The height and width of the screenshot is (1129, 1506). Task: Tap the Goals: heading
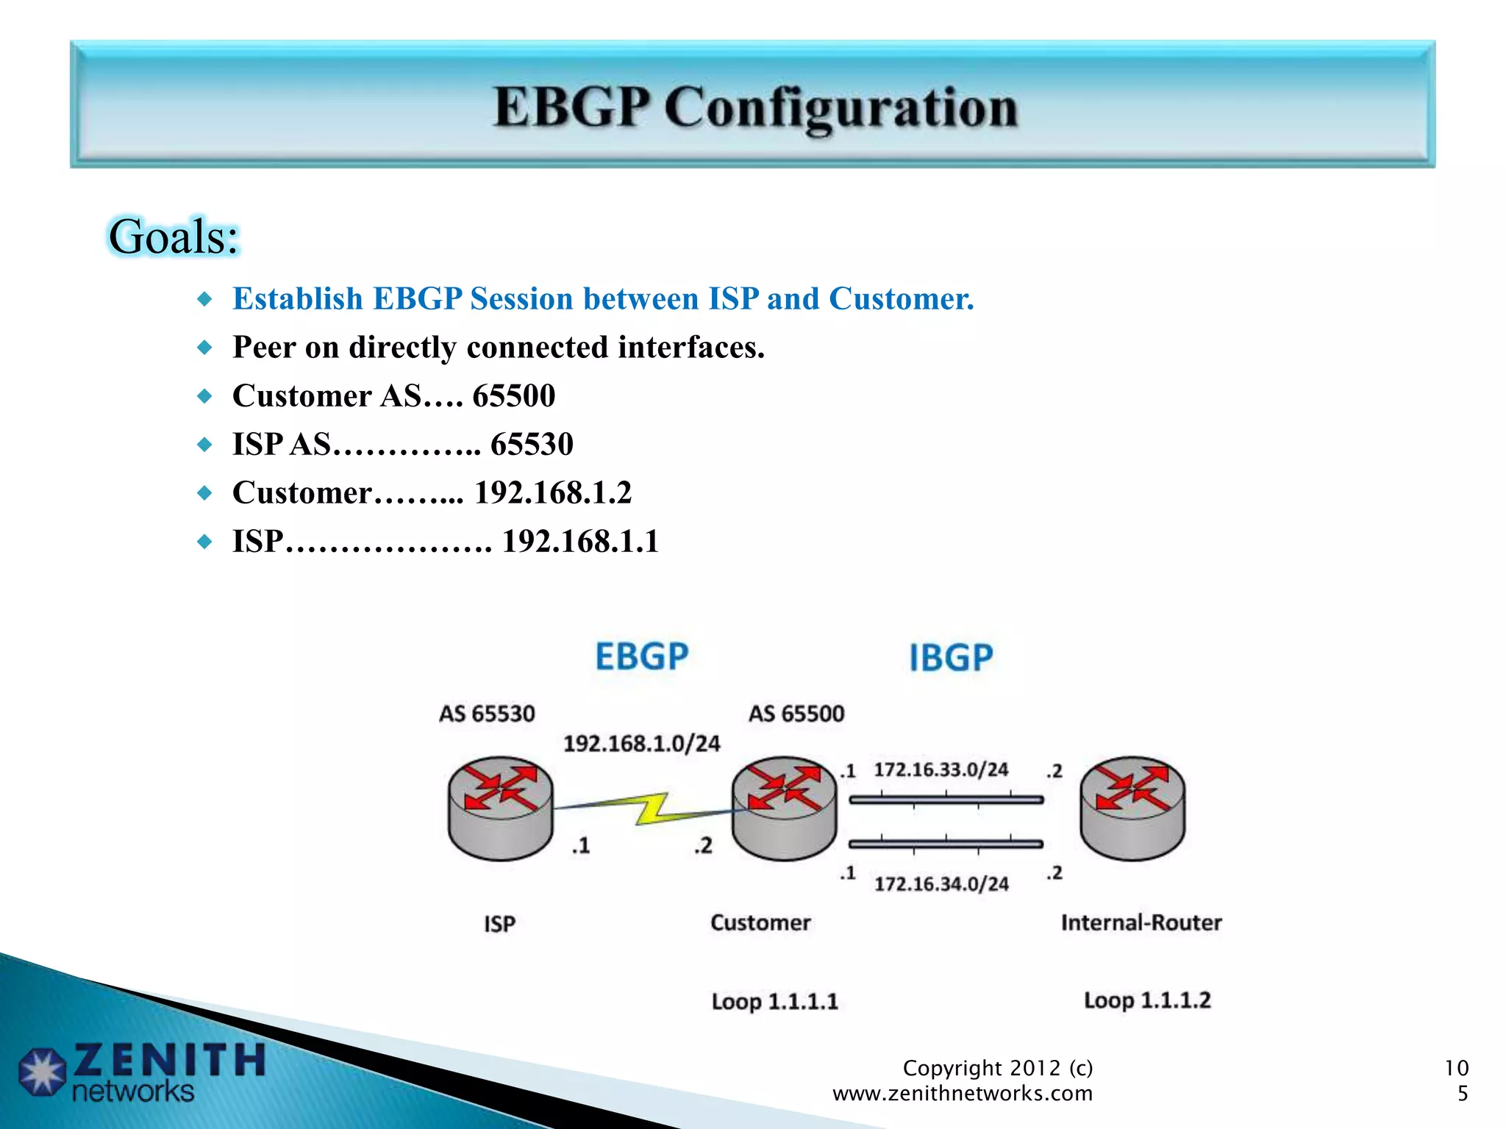tap(174, 237)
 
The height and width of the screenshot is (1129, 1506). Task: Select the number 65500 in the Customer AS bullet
tap(513, 395)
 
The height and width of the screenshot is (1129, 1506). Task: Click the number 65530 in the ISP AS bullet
tap(532, 444)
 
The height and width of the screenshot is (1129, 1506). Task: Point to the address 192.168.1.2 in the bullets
tap(553, 492)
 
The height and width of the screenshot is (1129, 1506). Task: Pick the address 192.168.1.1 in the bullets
tap(580, 541)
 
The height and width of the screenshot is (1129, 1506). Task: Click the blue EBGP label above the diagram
tap(641, 656)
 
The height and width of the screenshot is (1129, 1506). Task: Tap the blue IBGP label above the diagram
tap(951, 658)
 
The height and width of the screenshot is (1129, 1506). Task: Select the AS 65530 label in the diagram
tap(487, 714)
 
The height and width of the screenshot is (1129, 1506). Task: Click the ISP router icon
tap(501, 808)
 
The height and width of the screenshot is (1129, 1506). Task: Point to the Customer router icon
tap(784, 808)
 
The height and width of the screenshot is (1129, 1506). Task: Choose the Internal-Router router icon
tap(1132, 808)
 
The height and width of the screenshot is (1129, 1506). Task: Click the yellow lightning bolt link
tap(652, 808)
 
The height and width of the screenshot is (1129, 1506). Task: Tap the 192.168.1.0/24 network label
tap(641, 744)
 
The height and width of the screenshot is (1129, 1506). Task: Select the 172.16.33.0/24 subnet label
tap(941, 770)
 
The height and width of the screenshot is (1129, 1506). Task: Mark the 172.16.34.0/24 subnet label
tap(941, 884)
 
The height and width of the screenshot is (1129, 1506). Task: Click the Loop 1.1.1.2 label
tap(1147, 1000)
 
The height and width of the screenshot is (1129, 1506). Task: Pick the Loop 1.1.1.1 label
tap(774, 1002)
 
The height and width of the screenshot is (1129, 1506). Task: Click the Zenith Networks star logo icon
tap(42, 1072)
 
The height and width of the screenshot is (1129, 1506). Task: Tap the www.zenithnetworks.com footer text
tap(962, 1094)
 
